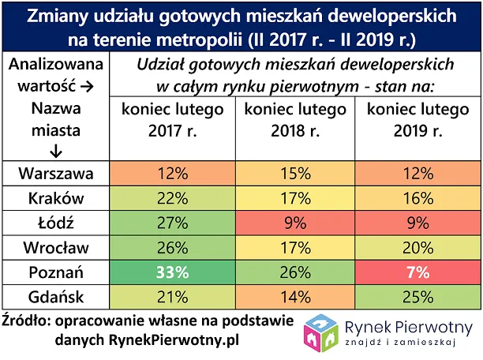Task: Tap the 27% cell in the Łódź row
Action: click(171, 222)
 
